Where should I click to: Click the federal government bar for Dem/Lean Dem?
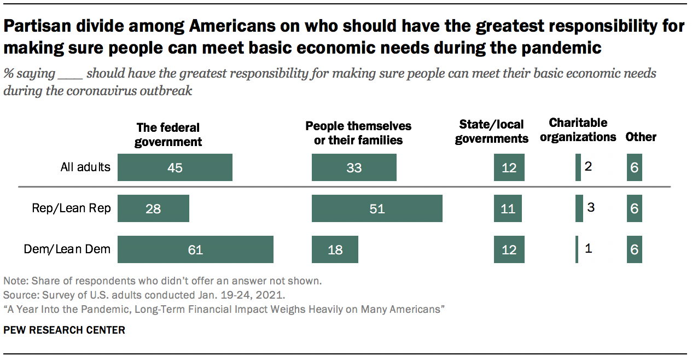coord(195,249)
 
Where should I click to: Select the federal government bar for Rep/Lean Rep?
coord(153,208)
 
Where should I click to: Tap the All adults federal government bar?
coord(175,167)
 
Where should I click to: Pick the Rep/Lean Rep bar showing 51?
coord(377,208)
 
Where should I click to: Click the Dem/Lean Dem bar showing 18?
coord(335,249)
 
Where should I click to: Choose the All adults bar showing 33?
coord(354,167)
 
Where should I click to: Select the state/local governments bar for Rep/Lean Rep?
coord(508,208)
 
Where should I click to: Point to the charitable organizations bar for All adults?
coord(578,167)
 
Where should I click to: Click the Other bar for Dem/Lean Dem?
coord(634,249)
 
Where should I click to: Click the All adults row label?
coord(85,167)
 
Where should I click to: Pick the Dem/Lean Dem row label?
coord(67,249)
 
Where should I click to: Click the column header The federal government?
coord(169,135)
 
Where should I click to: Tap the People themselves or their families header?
coord(358,133)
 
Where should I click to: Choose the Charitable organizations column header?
coord(578,130)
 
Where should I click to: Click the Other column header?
coord(641,137)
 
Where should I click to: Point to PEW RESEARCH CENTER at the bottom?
coord(64,330)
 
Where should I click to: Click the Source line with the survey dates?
coord(144,295)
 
